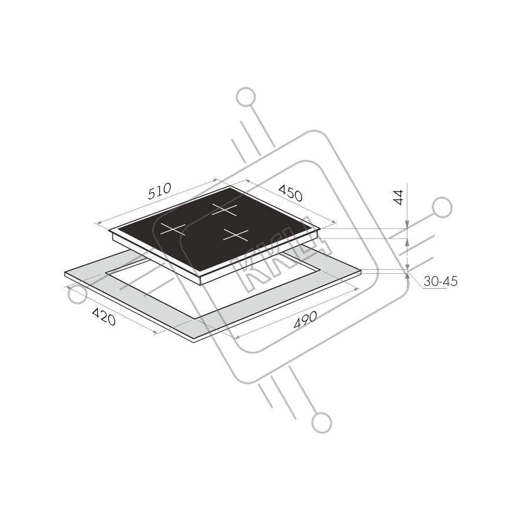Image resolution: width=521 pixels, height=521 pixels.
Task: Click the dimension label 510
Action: (x=160, y=191)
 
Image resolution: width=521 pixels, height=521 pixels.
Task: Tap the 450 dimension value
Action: (x=291, y=193)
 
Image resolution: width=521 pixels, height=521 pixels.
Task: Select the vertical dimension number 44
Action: (x=398, y=197)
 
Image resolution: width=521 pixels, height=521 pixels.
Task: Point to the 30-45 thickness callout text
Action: (x=441, y=281)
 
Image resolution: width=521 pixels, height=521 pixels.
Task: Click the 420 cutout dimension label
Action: (x=104, y=317)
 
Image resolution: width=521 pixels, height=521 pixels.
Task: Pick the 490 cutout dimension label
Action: (x=305, y=320)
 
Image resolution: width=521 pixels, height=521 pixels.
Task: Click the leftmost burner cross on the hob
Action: (x=173, y=229)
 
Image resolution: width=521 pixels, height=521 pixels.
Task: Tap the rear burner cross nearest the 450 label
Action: (x=225, y=210)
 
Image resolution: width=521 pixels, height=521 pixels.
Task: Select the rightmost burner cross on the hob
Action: (x=236, y=235)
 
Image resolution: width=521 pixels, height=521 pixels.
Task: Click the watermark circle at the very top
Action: (x=246, y=97)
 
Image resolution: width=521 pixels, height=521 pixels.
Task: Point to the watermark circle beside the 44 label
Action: (x=442, y=207)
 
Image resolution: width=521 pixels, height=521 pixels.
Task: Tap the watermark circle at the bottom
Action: (x=322, y=423)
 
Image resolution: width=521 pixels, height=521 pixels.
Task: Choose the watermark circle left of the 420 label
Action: (x=78, y=295)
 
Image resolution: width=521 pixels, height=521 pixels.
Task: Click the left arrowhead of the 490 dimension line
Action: (x=237, y=337)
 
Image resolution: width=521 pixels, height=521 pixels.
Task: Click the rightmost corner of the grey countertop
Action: (x=361, y=270)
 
